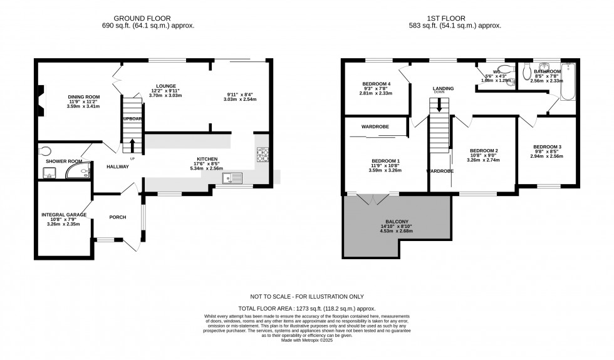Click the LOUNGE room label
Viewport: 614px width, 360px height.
click(166, 86)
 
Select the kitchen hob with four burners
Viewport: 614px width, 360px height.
click(262, 154)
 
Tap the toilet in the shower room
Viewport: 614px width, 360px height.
click(44, 150)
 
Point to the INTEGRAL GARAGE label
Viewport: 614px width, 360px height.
click(64, 215)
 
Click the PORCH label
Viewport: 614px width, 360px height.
click(117, 217)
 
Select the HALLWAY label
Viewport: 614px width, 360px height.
click(117, 167)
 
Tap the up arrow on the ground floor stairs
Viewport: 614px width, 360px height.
click(132, 145)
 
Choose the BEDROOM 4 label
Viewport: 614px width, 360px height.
click(376, 84)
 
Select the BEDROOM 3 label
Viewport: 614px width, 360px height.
click(546, 147)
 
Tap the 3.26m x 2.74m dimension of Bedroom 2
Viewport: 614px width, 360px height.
click(484, 160)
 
